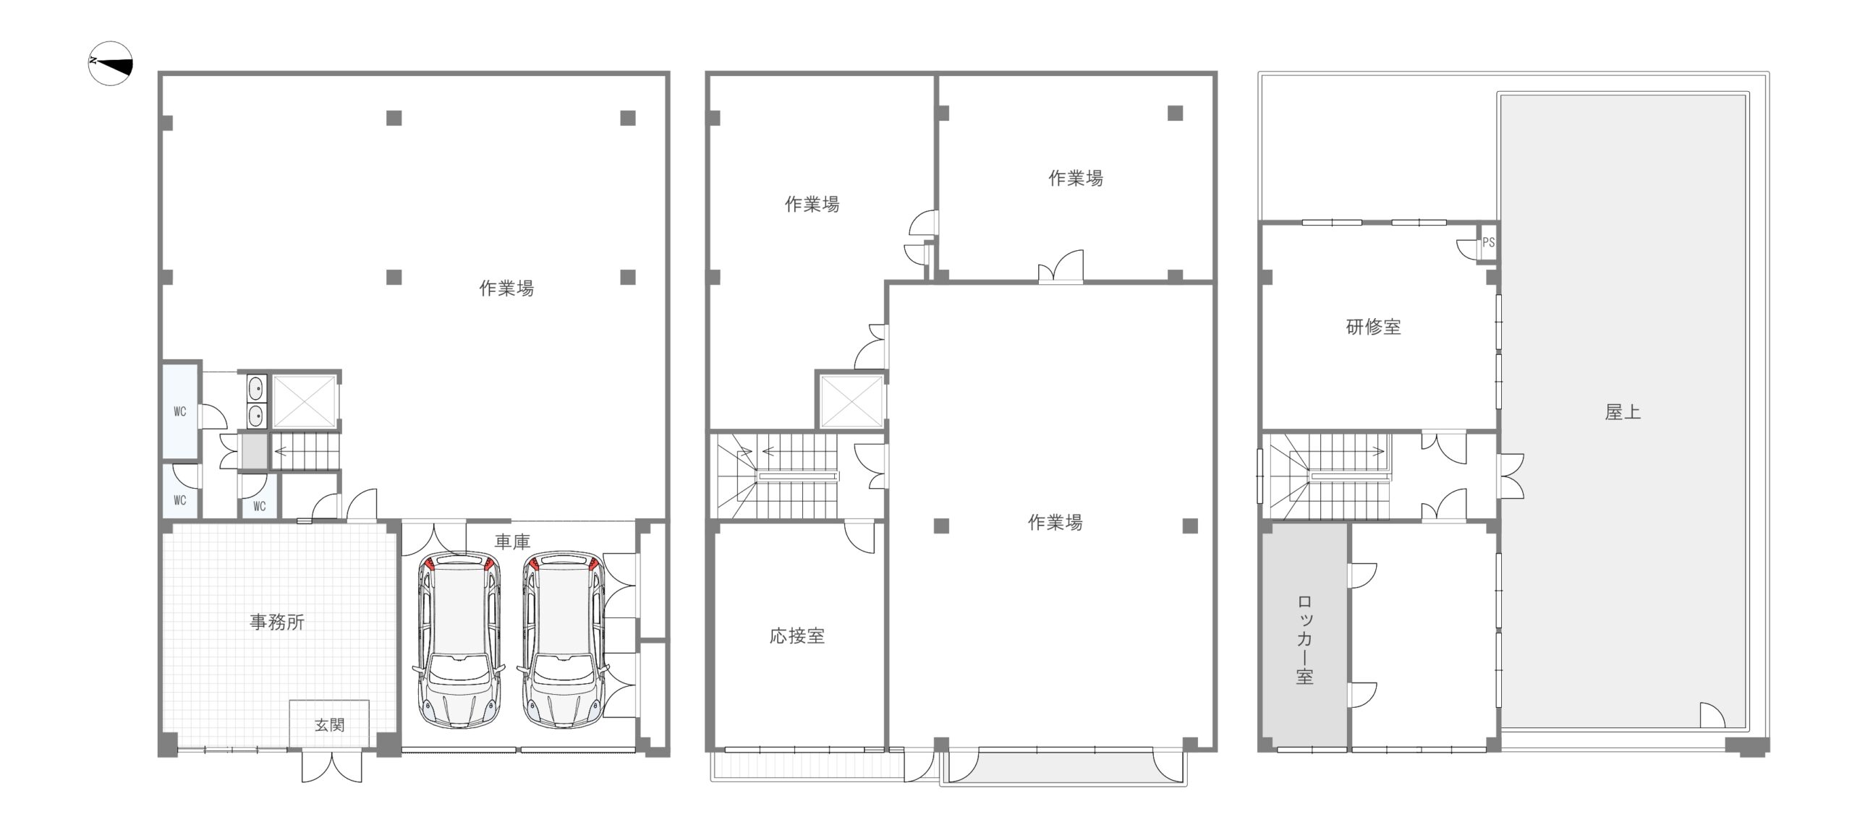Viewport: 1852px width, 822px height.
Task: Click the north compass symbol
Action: (x=111, y=64)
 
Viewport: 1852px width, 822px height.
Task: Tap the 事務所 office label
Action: (x=277, y=622)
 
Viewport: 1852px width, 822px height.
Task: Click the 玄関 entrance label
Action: (x=329, y=724)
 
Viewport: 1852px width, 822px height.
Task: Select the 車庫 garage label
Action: (x=512, y=541)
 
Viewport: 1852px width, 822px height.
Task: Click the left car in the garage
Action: (x=459, y=640)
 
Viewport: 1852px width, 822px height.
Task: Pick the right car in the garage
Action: (x=563, y=640)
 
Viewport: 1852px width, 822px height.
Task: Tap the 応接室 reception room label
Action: (x=797, y=635)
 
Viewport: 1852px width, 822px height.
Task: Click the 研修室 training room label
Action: (x=1373, y=327)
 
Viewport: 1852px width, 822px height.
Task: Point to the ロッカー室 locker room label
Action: (x=1304, y=640)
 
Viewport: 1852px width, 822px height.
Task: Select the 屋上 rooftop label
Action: (x=1623, y=412)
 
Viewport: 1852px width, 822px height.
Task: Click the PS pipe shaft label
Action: (x=1488, y=242)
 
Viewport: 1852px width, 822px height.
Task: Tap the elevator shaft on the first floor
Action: (x=305, y=401)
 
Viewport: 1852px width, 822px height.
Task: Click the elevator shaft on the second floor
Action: (x=851, y=401)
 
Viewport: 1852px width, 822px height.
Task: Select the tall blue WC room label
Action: (x=180, y=411)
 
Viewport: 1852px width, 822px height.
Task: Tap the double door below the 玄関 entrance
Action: (x=331, y=767)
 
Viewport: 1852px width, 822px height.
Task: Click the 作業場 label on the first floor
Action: (x=506, y=288)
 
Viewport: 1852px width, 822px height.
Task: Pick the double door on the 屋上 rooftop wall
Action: (x=1511, y=476)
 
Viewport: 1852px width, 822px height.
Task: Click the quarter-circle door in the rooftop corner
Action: (x=1712, y=715)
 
